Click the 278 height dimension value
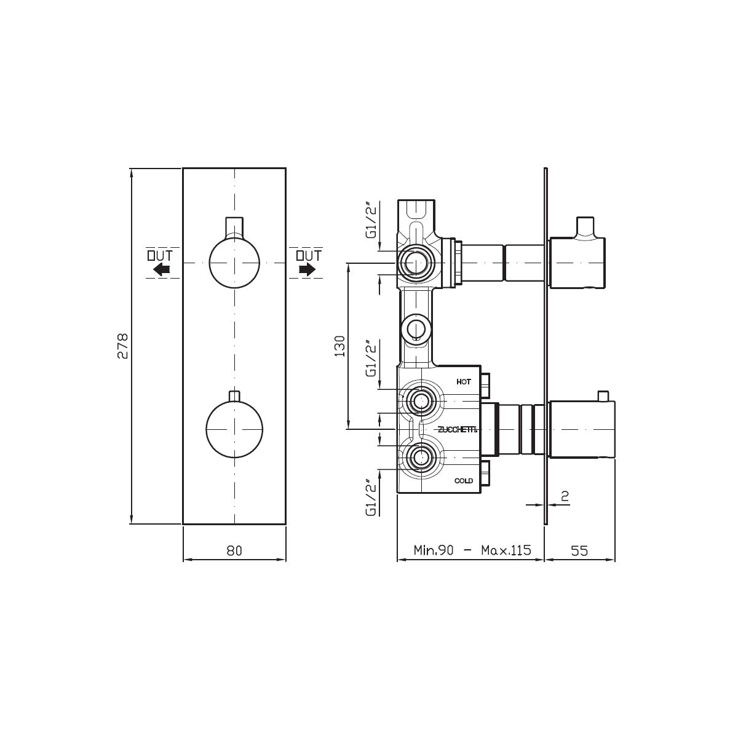(122, 346)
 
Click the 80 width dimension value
(234, 550)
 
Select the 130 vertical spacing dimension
(339, 346)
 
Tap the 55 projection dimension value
(579, 550)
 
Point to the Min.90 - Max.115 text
(472, 550)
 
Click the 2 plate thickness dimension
(565, 496)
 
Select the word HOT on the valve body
(464, 382)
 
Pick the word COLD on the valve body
(464, 481)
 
